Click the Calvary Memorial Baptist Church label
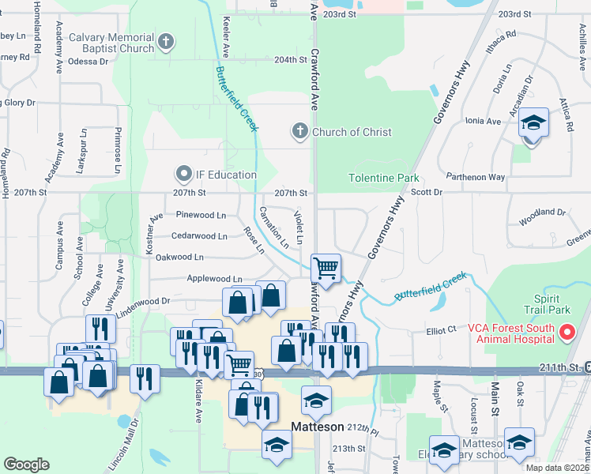coord(111,43)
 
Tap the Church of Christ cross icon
coord(299,131)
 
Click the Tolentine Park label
coord(384,179)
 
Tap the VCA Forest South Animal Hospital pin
coord(567,333)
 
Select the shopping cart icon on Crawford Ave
coord(326,268)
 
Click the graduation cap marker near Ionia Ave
coord(534,123)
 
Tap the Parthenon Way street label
coord(475,177)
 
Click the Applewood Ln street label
coord(214,279)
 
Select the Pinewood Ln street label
coord(201,215)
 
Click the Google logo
coord(26,465)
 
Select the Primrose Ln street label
coord(117,151)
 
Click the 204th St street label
coord(289,59)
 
